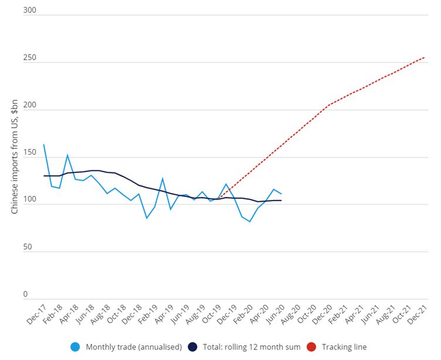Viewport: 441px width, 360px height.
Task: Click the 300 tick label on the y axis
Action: [x=29, y=11]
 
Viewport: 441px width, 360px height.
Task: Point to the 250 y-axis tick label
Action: [x=29, y=59]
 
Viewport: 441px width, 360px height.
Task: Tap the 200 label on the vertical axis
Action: [x=29, y=106]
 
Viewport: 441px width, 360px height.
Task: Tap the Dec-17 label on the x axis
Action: [x=36, y=315]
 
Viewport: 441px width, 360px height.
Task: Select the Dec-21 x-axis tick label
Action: [x=416, y=315]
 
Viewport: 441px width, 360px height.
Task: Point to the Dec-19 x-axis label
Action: [x=226, y=315]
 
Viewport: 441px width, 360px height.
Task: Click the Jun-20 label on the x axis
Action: [x=274, y=315]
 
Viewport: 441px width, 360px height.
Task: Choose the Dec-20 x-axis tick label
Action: [x=321, y=315]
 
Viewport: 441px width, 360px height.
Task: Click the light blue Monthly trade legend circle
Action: [x=75, y=347]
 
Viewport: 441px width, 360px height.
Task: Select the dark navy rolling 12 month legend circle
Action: [x=192, y=347]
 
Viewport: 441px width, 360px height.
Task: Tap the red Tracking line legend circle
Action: [x=311, y=347]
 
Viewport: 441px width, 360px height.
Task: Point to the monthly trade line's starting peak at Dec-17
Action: [x=44, y=145]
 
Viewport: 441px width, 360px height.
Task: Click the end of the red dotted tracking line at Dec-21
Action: [x=424, y=57]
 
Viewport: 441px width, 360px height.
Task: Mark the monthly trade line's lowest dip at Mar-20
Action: [x=250, y=222]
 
